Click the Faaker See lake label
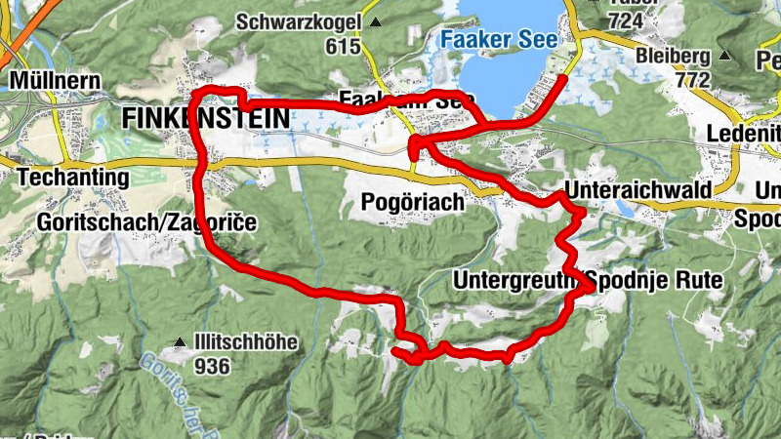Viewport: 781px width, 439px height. [498, 41]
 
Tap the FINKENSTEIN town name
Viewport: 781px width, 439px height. [206, 118]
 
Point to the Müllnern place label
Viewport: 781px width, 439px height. [49, 78]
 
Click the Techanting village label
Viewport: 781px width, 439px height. [73, 178]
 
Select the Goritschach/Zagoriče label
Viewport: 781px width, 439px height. [146, 222]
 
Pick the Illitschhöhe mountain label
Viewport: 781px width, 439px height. [243, 343]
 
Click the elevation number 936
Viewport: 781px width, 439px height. [212, 367]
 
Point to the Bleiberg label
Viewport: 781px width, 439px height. [675, 56]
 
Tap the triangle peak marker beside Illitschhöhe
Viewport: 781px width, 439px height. [180, 342]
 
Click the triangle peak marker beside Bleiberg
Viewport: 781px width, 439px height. [723, 56]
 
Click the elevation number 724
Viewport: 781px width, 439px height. [626, 21]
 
